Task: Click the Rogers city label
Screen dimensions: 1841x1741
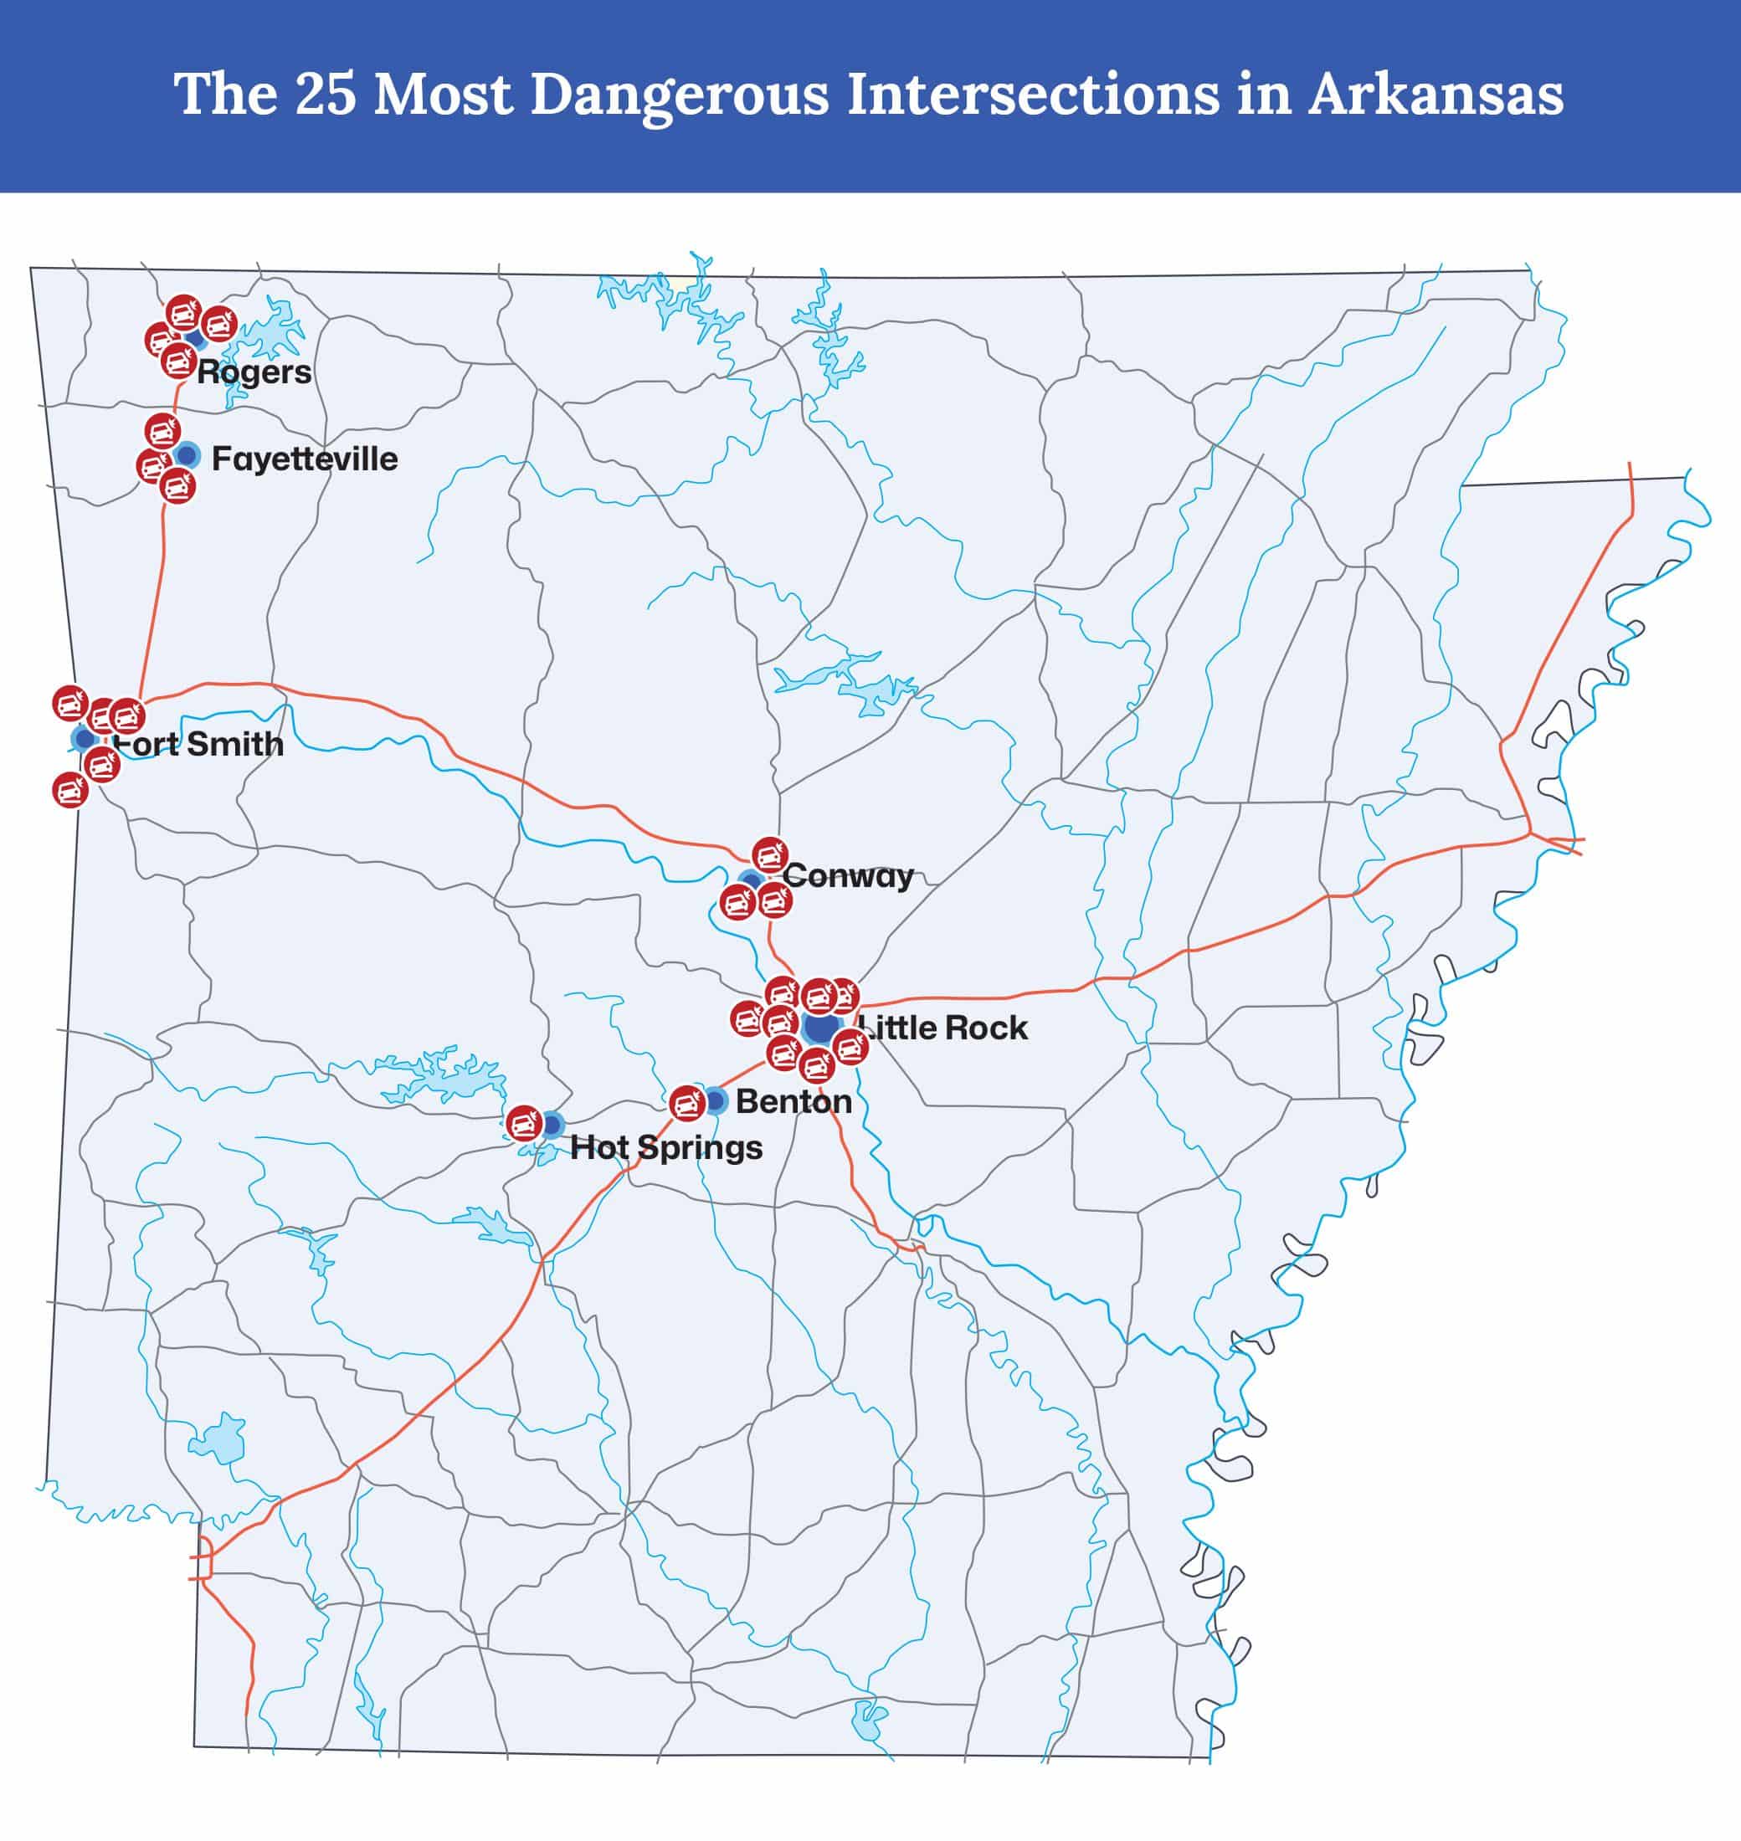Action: [x=254, y=372]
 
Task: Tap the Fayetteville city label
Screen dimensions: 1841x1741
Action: [x=305, y=459]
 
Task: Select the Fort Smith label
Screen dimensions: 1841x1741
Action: [x=198, y=743]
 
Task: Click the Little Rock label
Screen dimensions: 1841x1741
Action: [x=942, y=1028]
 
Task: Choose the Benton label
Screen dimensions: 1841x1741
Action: [x=793, y=1100]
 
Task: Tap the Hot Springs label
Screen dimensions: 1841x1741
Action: [x=666, y=1147]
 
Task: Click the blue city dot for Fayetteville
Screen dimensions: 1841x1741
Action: [x=187, y=454]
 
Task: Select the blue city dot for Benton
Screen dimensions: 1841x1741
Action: [x=716, y=1100]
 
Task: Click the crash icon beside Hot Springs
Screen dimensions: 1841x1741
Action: [x=524, y=1123]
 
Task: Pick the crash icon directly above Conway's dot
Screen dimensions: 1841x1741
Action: [x=769, y=854]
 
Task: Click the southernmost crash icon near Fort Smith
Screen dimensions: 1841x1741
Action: [x=69, y=790]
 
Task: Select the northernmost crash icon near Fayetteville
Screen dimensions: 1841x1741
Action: [x=162, y=432]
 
